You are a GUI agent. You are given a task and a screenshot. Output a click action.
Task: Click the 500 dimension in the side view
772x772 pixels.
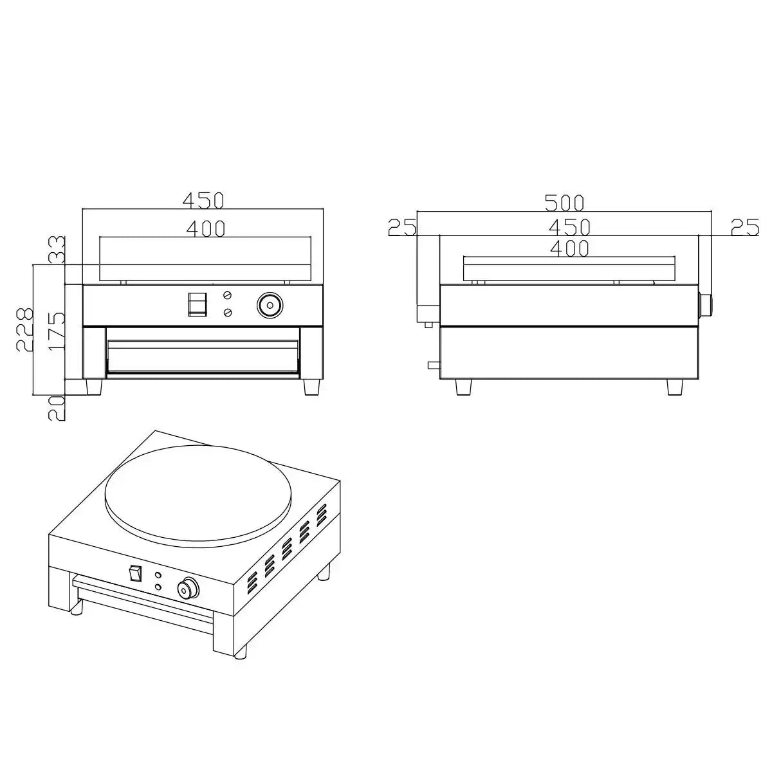click(564, 203)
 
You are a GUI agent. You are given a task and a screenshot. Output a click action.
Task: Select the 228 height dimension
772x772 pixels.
click(24, 329)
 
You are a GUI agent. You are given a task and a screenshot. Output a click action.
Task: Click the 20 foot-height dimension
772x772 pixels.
click(57, 409)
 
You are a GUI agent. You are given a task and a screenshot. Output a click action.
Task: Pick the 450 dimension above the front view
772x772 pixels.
click(203, 201)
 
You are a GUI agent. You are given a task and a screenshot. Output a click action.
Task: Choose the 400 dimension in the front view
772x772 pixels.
click(206, 229)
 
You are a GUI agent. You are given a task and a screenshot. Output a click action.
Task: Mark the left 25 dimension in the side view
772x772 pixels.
click(402, 227)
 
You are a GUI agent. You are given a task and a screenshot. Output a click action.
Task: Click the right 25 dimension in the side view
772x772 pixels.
click(745, 227)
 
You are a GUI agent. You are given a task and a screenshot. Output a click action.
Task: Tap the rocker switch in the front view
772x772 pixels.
click(198, 304)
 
